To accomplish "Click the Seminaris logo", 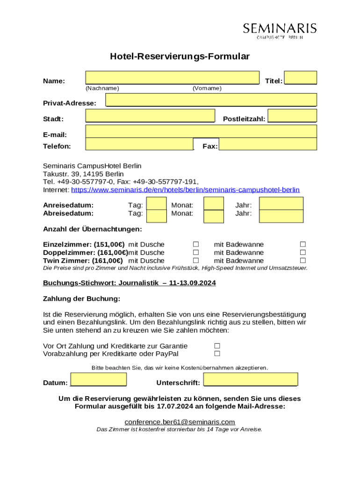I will click(x=280, y=30).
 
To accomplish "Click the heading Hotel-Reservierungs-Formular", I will click(x=180, y=57).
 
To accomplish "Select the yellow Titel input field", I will click(x=300, y=78).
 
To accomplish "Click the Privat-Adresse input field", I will click(x=211, y=100).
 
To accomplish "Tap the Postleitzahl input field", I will click(x=292, y=116).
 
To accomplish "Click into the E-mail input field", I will click(x=201, y=131).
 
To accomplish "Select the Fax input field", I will click(x=268, y=144).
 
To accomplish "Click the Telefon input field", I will click(x=139, y=144).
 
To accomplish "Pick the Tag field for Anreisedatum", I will click(x=157, y=203).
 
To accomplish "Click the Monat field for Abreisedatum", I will click(x=214, y=216).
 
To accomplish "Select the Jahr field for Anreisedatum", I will click(x=281, y=203).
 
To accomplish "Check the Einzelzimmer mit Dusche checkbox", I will click(x=196, y=244).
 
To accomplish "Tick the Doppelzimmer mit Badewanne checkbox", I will click(x=303, y=253).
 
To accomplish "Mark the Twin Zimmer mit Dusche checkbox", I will click(x=196, y=261).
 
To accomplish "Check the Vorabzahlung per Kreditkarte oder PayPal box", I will click(x=217, y=354).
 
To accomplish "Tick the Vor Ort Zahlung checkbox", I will click(x=217, y=346).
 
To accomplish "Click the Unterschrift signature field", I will click(x=251, y=379).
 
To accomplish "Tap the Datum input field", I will click(x=98, y=379).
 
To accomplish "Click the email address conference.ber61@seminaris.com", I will click(x=180, y=422).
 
